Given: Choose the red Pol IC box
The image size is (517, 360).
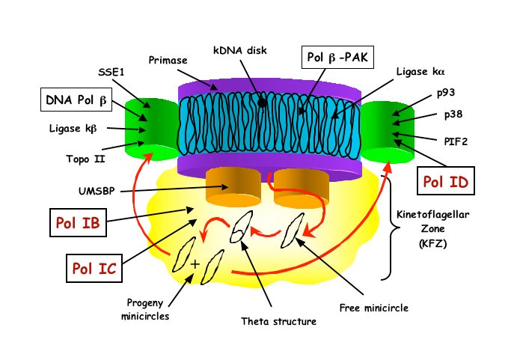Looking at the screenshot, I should coord(94,268).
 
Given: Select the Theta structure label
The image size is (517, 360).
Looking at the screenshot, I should coord(279,322).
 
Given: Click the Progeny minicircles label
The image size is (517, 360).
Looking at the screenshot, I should coord(147,309).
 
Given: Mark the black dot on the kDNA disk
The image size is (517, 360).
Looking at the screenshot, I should coord(263,103).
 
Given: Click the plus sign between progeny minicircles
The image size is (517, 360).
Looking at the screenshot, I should coord(195,263).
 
